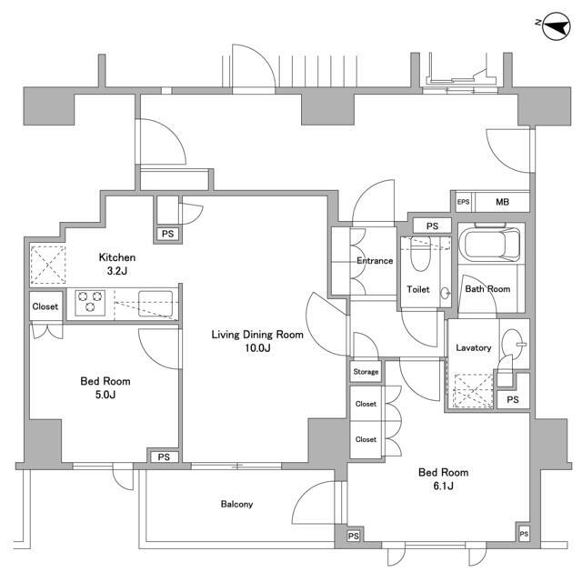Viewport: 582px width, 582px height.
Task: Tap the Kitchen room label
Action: click(x=118, y=264)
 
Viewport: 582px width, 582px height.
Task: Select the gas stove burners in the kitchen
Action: click(x=90, y=299)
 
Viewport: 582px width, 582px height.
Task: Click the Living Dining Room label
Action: click(x=257, y=341)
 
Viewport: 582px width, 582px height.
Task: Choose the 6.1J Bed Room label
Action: click(x=443, y=478)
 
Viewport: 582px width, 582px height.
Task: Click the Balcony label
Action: click(x=236, y=505)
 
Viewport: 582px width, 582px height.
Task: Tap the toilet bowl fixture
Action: click(x=418, y=256)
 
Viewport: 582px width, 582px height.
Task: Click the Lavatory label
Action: click(x=474, y=347)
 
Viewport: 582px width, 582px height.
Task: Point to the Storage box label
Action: click(x=366, y=372)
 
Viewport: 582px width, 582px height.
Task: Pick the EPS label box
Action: click(x=463, y=202)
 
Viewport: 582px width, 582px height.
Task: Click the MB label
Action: click(x=502, y=202)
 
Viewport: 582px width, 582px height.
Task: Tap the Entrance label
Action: click(x=374, y=261)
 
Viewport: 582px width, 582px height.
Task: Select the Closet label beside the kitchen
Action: click(x=45, y=306)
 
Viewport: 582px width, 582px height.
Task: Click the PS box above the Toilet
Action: click(x=432, y=226)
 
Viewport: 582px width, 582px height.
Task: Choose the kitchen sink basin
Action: click(x=155, y=300)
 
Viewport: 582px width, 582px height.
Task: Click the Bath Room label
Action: click(x=487, y=289)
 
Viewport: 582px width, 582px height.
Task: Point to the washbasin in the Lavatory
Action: click(x=514, y=343)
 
